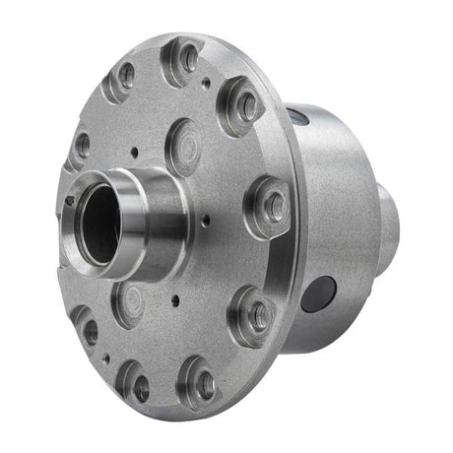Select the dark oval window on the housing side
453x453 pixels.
click(319, 293)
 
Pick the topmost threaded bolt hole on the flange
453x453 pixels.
click(187, 59)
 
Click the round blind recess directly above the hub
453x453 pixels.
click(185, 144)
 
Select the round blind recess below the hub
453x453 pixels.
click(129, 301)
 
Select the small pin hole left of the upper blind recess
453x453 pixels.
click(132, 153)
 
